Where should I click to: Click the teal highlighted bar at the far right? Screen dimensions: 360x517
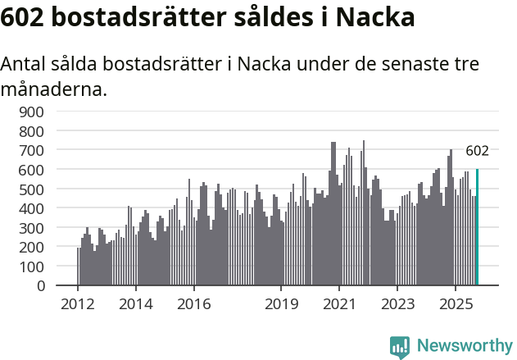[477, 227]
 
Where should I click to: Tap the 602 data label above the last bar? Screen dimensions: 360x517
[477, 151]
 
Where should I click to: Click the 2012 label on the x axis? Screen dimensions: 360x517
[78, 304]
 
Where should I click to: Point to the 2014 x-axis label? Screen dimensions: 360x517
[136, 304]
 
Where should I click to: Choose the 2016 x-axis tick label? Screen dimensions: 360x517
[193, 304]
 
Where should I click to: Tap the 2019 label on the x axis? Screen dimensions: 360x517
[281, 304]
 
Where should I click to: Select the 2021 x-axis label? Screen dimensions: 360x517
[339, 304]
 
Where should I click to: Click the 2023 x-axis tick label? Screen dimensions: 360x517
[397, 304]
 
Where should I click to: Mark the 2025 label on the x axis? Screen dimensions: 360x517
[456, 304]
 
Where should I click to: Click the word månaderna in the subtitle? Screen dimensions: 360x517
[53, 89]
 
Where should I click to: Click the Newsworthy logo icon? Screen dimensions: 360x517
[400, 347]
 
